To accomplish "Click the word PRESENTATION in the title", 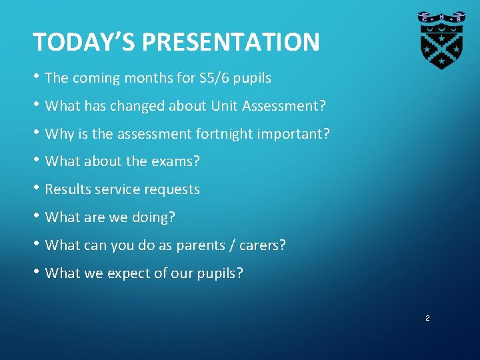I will click(x=231, y=42).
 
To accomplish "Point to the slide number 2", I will click(x=427, y=319).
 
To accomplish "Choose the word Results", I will click(x=67, y=189).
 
